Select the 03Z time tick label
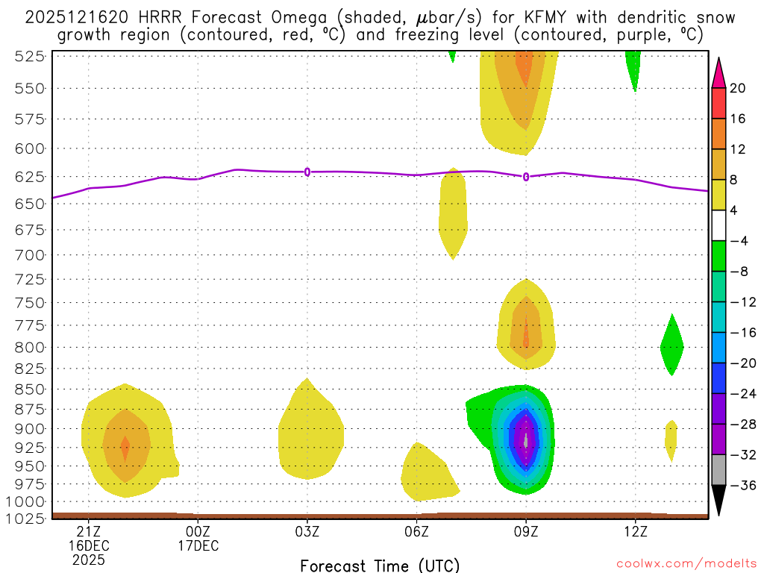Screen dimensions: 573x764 click(x=307, y=530)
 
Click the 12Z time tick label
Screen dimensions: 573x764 click(x=635, y=530)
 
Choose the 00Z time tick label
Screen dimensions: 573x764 click(x=198, y=530)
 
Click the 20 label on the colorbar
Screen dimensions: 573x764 click(x=738, y=88)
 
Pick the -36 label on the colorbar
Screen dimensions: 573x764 click(x=742, y=485)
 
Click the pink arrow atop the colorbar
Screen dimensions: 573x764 click(x=718, y=72)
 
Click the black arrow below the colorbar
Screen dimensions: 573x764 click(x=718, y=501)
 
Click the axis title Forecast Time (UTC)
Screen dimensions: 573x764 click(x=380, y=565)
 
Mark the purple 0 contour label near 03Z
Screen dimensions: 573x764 click(x=307, y=172)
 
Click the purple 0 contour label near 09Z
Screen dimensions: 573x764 click(x=526, y=177)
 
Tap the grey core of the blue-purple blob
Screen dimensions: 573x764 click(x=527, y=440)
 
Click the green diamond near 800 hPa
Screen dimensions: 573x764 click(x=672, y=345)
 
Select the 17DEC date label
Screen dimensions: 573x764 click(x=198, y=545)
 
